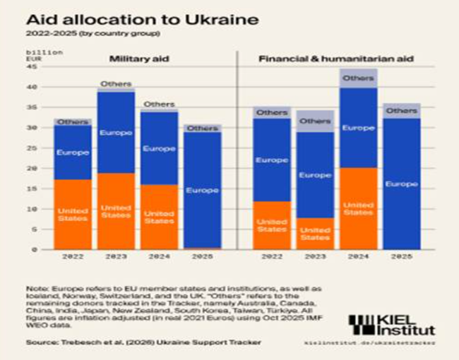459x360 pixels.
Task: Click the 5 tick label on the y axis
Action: pos(33,229)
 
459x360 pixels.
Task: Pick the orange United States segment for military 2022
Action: pos(73,214)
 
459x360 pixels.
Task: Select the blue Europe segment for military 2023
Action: pos(116,133)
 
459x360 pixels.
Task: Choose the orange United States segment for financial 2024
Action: pos(358,208)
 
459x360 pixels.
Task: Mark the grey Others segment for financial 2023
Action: pos(315,121)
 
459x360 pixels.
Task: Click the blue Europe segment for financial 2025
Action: pos(402,184)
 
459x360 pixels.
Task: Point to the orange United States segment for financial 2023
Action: pos(315,233)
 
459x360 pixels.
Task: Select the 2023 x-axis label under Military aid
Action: pos(116,258)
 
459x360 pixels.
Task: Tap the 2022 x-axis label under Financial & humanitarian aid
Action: pos(272,258)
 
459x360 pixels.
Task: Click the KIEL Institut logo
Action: pos(392,325)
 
